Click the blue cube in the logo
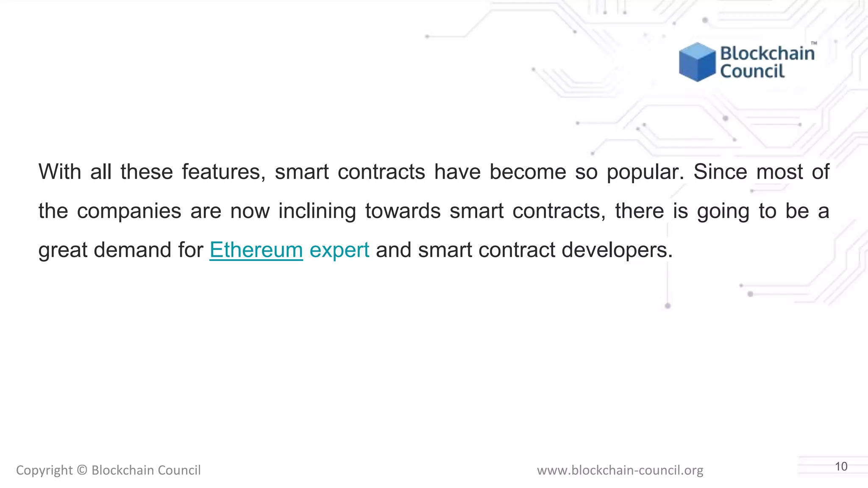point(697,62)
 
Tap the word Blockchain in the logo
point(767,54)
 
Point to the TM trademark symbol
point(814,43)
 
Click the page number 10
point(841,466)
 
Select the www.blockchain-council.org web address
point(620,470)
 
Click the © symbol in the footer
point(82,470)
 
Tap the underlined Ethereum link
point(256,250)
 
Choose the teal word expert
point(339,250)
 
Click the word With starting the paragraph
point(60,172)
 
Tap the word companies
point(129,211)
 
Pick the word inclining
point(317,211)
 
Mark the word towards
point(403,211)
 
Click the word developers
point(617,250)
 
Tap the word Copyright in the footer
point(44,470)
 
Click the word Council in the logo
point(752,71)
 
